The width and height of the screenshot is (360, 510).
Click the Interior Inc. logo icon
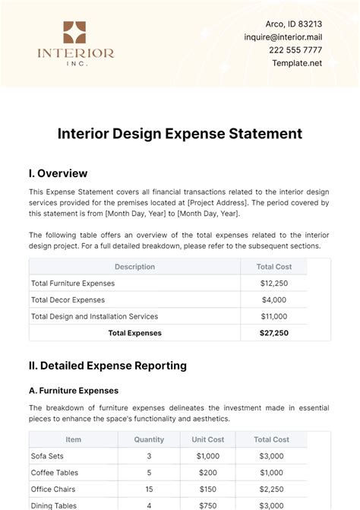click(75, 33)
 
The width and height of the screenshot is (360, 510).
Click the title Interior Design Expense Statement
click(180, 134)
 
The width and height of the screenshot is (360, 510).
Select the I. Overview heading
click(58, 173)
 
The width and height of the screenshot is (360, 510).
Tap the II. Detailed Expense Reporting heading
click(107, 366)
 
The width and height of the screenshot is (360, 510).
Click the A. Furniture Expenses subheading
click(74, 391)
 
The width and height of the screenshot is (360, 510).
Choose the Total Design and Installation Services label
click(94, 316)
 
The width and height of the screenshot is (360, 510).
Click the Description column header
click(134, 267)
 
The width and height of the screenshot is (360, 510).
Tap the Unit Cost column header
click(207, 439)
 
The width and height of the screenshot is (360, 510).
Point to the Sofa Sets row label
click(48, 456)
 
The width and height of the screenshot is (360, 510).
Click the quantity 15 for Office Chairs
click(149, 489)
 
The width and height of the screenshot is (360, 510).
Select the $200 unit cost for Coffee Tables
click(207, 472)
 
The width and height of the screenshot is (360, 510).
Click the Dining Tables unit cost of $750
click(207, 505)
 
